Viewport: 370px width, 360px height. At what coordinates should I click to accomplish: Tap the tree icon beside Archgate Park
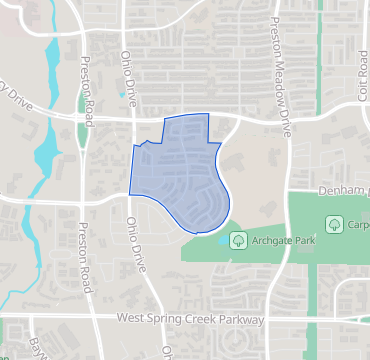coord(238,239)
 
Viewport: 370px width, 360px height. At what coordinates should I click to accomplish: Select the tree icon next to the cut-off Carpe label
coord(332,222)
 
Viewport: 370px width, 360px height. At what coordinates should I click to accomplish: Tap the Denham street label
coord(346,190)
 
